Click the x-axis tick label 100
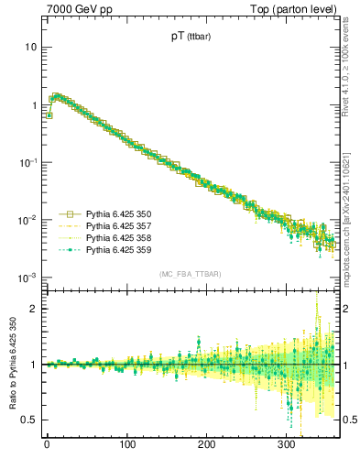click(126, 444)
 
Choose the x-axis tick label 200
click(207, 444)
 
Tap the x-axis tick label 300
click(287, 444)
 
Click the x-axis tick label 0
click(47, 444)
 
